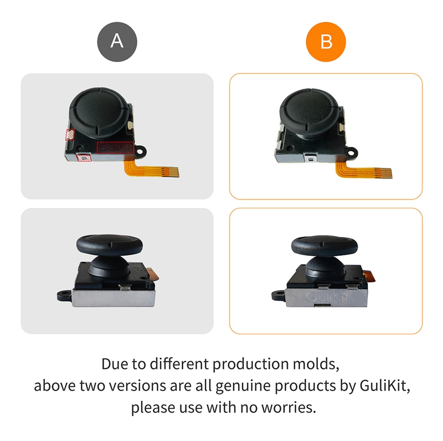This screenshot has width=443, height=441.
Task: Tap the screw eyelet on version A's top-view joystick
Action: [x=145, y=150]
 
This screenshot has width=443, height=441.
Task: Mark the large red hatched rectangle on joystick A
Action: [x=115, y=147]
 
